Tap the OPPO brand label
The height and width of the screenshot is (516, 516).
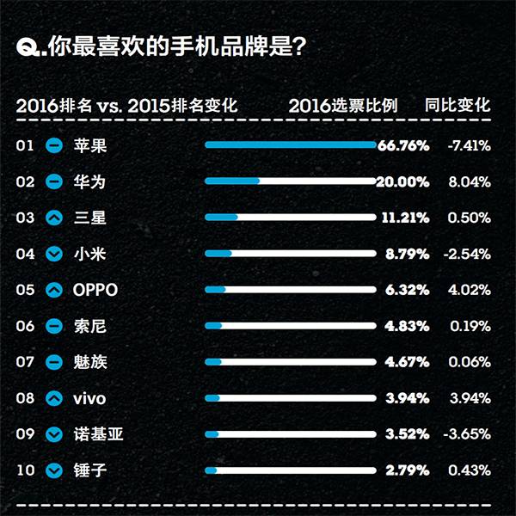click(x=96, y=290)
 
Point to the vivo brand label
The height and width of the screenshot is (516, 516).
click(x=89, y=398)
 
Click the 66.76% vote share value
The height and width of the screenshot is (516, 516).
click(x=403, y=145)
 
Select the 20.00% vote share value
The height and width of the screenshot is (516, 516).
click(x=403, y=181)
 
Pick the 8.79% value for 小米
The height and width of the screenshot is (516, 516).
click(x=406, y=254)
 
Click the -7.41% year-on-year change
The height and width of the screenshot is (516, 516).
click(x=469, y=145)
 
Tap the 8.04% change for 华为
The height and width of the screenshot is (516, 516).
click(x=470, y=181)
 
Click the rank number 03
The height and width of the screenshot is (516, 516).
click(x=25, y=218)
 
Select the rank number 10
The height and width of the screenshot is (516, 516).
click(x=25, y=470)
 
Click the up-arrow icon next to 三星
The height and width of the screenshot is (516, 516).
click(x=54, y=218)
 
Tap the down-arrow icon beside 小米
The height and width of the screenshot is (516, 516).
click(x=54, y=255)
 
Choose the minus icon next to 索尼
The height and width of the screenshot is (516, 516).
click(x=54, y=327)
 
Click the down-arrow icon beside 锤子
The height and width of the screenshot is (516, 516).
click(x=54, y=471)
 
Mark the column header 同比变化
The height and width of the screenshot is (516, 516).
click(x=458, y=106)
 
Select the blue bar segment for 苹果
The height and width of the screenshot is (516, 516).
click(x=291, y=144)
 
